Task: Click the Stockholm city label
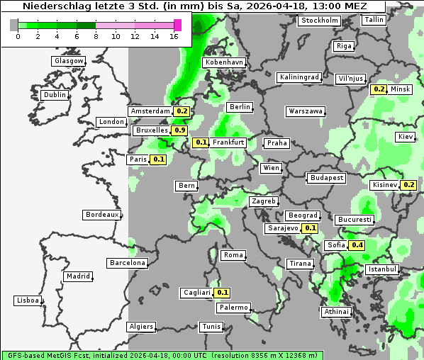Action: [x=318, y=20]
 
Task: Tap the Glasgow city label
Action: [x=69, y=61]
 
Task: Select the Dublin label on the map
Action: [x=55, y=95]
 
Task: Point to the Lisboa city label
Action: [x=28, y=300]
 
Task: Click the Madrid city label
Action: [x=77, y=276]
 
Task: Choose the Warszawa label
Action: [x=306, y=111]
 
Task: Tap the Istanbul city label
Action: [x=382, y=270]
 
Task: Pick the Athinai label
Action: [x=336, y=312]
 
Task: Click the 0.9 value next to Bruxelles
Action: [x=180, y=130]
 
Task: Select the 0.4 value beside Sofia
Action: [x=357, y=245]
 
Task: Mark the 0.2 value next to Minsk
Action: [x=379, y=89]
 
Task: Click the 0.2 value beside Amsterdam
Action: [x=182, y=111]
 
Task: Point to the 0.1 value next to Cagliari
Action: [x=223, y=293]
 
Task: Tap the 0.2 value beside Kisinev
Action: [x=409, y=185]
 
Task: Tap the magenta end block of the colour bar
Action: [x=177, y=25]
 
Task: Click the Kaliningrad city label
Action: [x=299, y=77]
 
